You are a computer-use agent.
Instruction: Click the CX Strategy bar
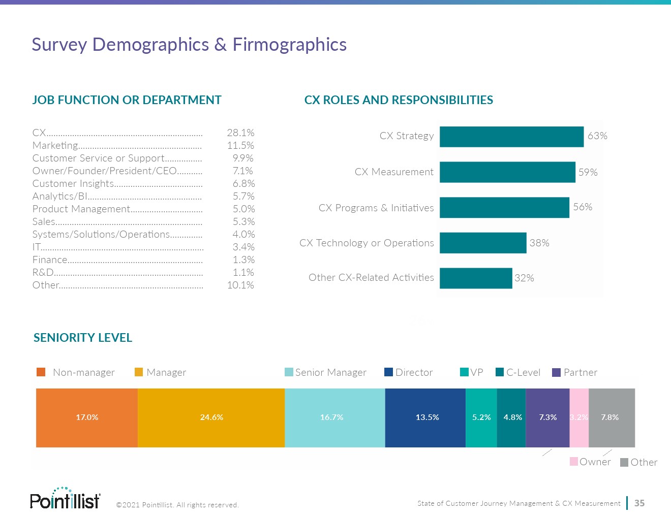click(511, 137)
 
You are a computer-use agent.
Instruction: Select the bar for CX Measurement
click(507, 172)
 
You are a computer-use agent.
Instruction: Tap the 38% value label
click(539, 243)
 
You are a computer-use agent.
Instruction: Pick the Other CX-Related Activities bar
click(476, 278)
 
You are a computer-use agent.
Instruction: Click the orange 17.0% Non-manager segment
click(87, 417)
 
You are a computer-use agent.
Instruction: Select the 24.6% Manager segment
click(211, 417)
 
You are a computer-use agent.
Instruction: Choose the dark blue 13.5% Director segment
click(425, 417)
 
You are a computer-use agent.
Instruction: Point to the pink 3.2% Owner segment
click(579, 417)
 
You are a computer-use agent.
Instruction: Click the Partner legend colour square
click(556, 372)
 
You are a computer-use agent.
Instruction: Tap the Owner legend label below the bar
click(595, 462)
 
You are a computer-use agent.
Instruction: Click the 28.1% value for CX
click(240, 133)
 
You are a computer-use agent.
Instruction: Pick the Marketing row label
click(55, 145)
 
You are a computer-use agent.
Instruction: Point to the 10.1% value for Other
click(240, 285)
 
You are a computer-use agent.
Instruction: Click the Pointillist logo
click(65, 499)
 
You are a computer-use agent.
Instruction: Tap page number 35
click(639, 503)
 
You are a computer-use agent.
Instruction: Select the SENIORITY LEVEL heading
click(83, 338)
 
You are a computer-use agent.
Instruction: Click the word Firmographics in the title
click(289, 45)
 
